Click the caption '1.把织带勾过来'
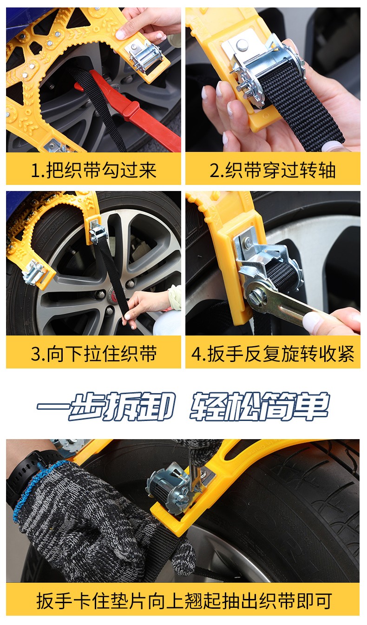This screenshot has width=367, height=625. (x=93, y=170)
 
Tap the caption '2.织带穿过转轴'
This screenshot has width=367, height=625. (x=272, y=170)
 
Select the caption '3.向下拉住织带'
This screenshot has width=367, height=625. (x=93, y=354)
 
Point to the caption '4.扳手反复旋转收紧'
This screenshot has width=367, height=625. (x=272, y=354)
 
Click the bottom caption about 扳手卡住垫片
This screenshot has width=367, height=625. (x=184, y=600)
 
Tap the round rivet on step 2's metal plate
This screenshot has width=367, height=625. (x=242, y=44)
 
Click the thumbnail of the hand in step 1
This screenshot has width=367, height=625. (x=121, y=34)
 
